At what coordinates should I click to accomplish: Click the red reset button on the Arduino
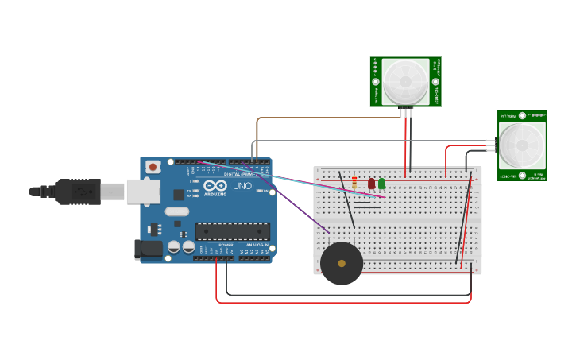[x=153, y=167]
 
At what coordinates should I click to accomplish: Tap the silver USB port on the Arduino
[x=143, y=192]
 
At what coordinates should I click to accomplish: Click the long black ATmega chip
[x=232, y=231]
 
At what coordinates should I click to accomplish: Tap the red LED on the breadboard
[x=371, y=184]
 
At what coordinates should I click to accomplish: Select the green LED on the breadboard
[x=381, y=184]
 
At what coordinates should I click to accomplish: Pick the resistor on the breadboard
[x=354, y=183]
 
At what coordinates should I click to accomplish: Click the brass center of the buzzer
[x=342, y=263]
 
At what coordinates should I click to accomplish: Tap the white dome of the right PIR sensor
[x=522, y=145]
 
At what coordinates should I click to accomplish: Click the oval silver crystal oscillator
[x=177, y=211]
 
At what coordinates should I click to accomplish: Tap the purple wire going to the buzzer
[x=302, y=212]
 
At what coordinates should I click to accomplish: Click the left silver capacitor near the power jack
[x=173, y=248]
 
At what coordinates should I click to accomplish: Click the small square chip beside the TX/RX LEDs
[x=179, y=195]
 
